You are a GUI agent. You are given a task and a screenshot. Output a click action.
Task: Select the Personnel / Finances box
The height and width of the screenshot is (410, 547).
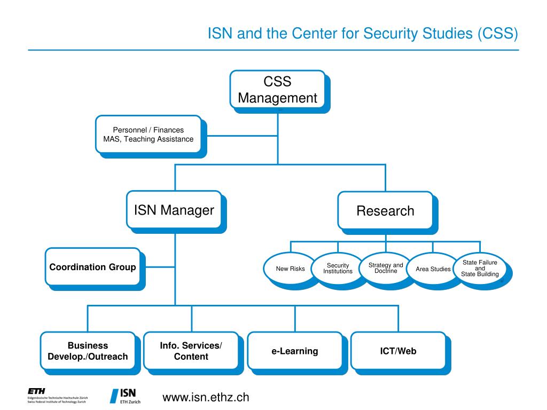(x=148, y=134)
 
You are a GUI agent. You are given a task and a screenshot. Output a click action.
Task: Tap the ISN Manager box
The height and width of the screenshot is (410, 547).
(x=174, y=210)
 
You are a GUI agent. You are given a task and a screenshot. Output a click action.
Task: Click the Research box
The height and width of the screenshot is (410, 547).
(x=385, y=210)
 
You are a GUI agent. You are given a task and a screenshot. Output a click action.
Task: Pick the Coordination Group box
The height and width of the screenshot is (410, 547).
(x=92, y=266)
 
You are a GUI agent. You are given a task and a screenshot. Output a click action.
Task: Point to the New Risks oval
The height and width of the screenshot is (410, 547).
(x=290, y=269)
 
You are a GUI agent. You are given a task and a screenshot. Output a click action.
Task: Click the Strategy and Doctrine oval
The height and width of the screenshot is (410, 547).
(x=386, y=268)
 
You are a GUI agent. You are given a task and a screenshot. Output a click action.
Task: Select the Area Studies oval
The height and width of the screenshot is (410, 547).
(x=433, y=269)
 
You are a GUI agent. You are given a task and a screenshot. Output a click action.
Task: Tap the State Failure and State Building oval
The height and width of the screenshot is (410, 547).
(x=480, y=268)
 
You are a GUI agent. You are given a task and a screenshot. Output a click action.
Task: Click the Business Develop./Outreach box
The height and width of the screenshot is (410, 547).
(x=88, y=351)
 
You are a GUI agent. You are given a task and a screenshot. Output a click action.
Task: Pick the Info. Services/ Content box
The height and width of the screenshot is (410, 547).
(x=191, y=351)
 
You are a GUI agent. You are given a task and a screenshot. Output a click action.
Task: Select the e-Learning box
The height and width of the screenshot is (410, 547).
(x=294, y=351)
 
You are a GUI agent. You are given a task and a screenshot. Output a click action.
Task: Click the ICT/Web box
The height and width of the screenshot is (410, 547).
(x=398, y=351)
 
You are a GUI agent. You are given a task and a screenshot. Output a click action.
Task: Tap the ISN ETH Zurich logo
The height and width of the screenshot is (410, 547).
(x=126, y=396)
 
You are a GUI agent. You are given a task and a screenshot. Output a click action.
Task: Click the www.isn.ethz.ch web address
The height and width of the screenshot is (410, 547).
(x=206, y=397)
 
